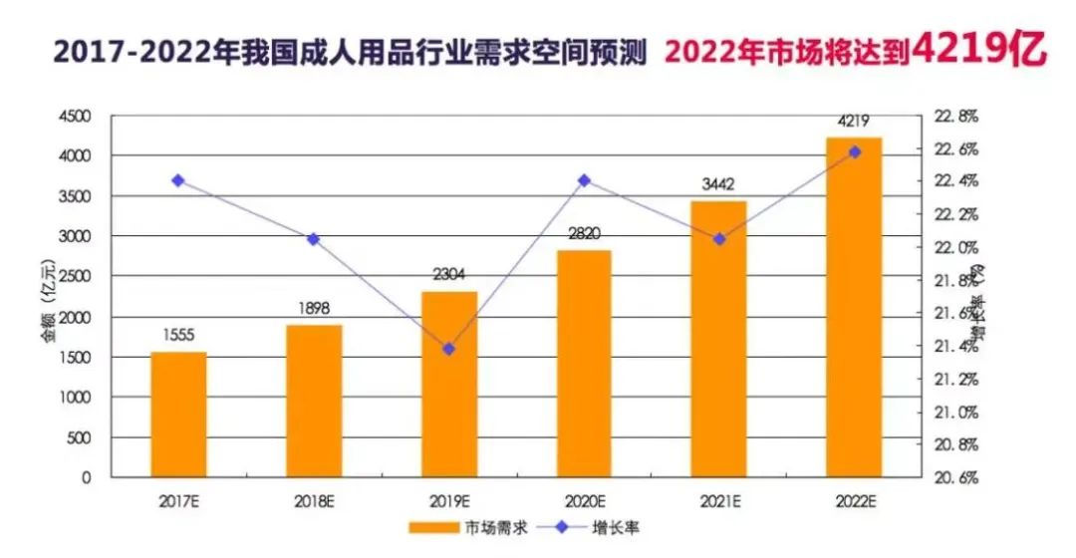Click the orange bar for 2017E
click(x=179, y=415)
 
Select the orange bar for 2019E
click(x=449, y=385)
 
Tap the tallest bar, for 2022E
click(x=855, y=307)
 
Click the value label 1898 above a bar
click(x=314, y=309)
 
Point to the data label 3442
click(x=719, y=184)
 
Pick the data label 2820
click(x=584, y=234)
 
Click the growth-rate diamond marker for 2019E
click(x=449, y=349)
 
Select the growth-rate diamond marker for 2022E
click(x=855, y=151)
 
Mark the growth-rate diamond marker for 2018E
click(x=314, y=239)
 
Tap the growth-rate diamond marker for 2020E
click(x=584, y=180)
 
